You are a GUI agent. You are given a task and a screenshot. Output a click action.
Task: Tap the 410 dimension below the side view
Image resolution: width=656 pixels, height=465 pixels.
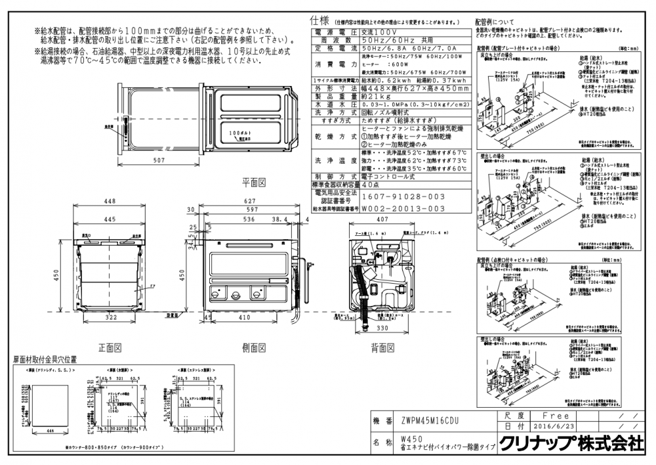pyautogui.click(x=245, y=317)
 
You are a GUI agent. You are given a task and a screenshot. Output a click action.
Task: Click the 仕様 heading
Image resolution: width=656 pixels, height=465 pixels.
pyautogui.click(x=318, y=21)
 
